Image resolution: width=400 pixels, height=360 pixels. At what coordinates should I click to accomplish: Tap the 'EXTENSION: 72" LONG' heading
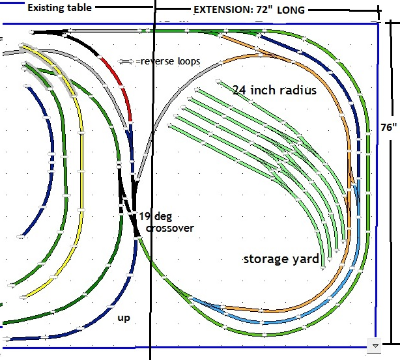[x=250, y=10]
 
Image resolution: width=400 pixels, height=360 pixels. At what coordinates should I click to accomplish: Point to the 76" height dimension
[x=389, y=128]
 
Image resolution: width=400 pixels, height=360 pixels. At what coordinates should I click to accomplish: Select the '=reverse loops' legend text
[x=167, y=61]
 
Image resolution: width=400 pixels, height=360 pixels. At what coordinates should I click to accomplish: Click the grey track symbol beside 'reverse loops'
[x=126, y=61]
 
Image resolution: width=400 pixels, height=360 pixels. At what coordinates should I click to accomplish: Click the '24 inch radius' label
[x=274, y=90]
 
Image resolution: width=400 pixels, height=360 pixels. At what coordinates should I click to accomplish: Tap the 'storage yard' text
[x=281, y=259]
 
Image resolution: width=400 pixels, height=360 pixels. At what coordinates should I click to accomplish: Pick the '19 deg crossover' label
[x=165, y=222]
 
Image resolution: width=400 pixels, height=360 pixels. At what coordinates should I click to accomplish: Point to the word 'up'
[x=123, y=318]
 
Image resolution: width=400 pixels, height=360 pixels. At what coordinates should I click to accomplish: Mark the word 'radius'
[x=296, y=90]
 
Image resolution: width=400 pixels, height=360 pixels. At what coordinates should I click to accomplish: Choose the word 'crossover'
[x=170, y=228]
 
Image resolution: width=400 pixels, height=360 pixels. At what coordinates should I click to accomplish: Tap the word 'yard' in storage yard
[x=306, y=259]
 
